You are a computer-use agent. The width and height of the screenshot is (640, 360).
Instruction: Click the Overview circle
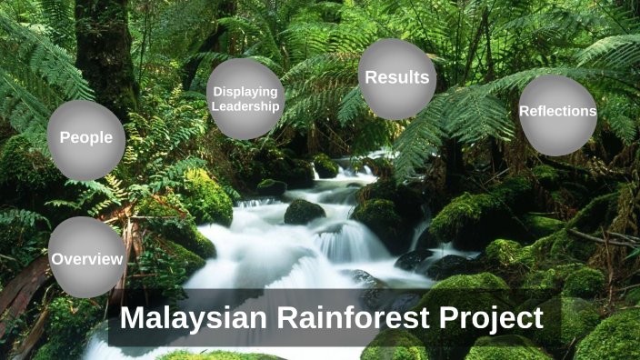pyautogui.click(x=86, y=257)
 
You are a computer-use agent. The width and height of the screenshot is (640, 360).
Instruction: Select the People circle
pyautogui.click(x=86, y=139)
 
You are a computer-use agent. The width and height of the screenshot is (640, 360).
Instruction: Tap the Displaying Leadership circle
pyautogui.click(x=245, y=98)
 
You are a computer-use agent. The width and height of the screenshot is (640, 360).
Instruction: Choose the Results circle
pyautogui.click(x=397, y=79)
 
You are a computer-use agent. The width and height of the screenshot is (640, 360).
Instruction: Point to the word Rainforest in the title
pyautogui.click(x=358, y=319)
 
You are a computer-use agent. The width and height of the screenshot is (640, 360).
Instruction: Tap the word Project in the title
pyautogui.click(x=498, y=319)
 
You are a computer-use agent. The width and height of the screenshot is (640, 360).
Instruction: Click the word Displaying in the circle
pyautogui.click(x=245, y=91)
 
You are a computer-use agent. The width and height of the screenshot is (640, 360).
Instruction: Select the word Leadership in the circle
pyautogui.click(x=245, y=105)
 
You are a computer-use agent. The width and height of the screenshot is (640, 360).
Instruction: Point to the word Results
pyautogui.click(x=397, y=77)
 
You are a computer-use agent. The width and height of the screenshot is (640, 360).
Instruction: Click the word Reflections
pyautogui.click(x=557, y=112)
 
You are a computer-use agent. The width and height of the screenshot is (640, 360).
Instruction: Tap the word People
pyautogui.click(x=86, y=138)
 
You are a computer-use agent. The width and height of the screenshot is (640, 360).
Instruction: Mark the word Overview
pyautogui.click(x=86, y=260)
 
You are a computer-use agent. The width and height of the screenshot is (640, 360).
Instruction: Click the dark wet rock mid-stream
pyautogui.click(x=304, y=212)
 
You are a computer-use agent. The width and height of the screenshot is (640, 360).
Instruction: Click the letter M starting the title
pyautogui.click(x=133, y=319)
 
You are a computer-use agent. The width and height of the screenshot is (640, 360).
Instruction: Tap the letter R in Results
pyautogui.click(x=372, y=77)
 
